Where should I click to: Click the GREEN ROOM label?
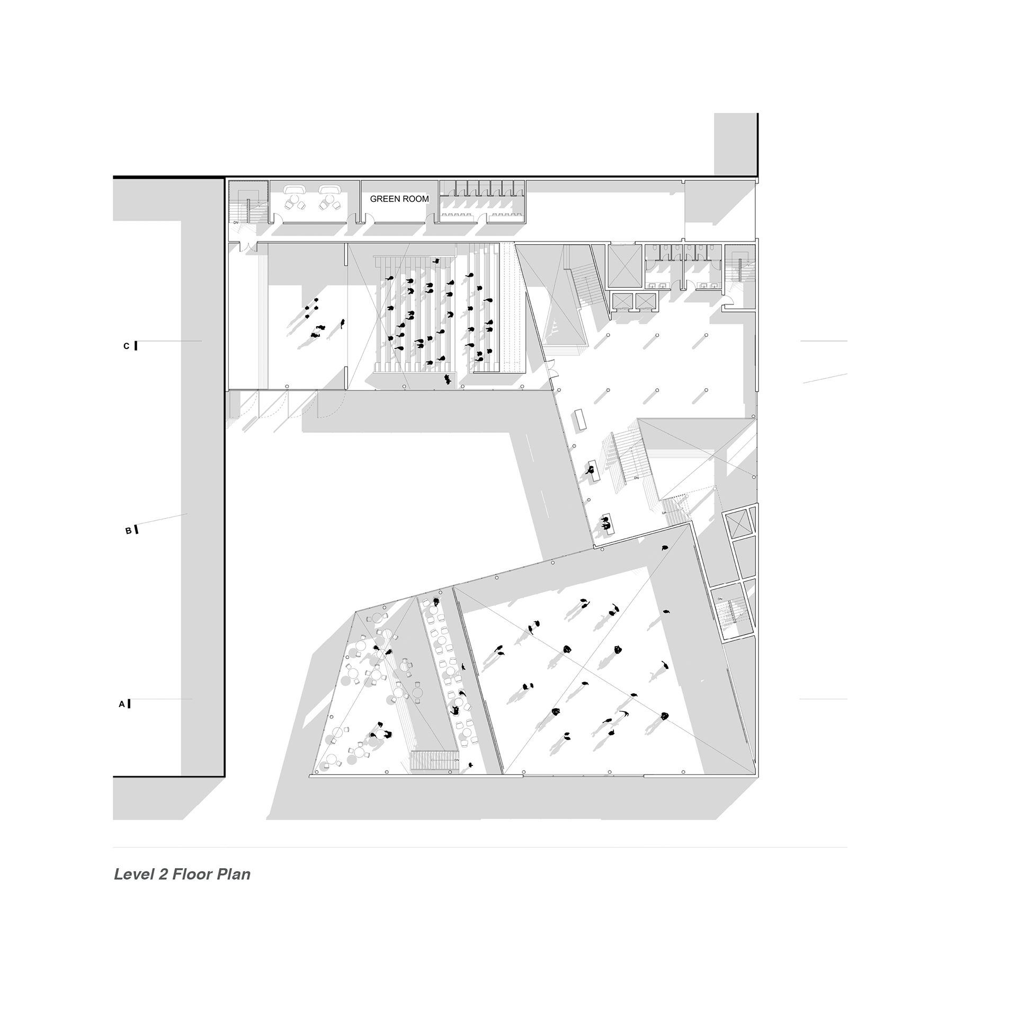tap(399, 199)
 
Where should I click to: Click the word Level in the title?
tap(133, 875)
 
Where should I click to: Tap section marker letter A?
tap(122, 704)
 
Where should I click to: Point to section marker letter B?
tap(128, 530)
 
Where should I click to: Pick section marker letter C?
tap(126, 346)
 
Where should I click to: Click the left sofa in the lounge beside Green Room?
tap(293, 190)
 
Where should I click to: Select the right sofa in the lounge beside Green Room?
tap(329, 190)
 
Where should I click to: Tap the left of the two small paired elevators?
tap(621, 301)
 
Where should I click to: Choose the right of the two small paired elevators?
tap(645, 301)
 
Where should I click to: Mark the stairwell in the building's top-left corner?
tap(247, 204)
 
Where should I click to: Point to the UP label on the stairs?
tap(665, 513)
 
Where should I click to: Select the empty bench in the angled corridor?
tap(581, 420)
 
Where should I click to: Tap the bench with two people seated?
tap(608, 524)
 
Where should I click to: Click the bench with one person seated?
tap(593, 471)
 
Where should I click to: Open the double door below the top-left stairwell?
tap(247, 247)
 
